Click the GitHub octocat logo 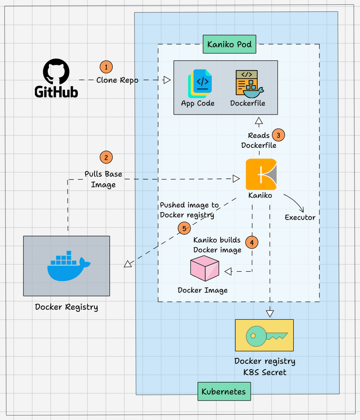click(56, 71)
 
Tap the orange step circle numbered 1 click(106, 67)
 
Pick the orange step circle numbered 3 click(279, 135)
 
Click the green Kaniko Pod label click(230, 44)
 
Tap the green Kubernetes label click(224, 391)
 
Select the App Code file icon click(198, 83)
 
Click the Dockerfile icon click(248, 83)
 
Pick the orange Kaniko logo click(261, 174)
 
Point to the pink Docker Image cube click(204, 268)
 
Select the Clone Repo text click(117, 80)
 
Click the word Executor click(300, 217)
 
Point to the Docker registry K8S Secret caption click(265, 367)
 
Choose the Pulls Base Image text click(103, 180)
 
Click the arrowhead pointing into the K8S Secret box click(270, 313)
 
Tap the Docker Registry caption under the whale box click(66, 307)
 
